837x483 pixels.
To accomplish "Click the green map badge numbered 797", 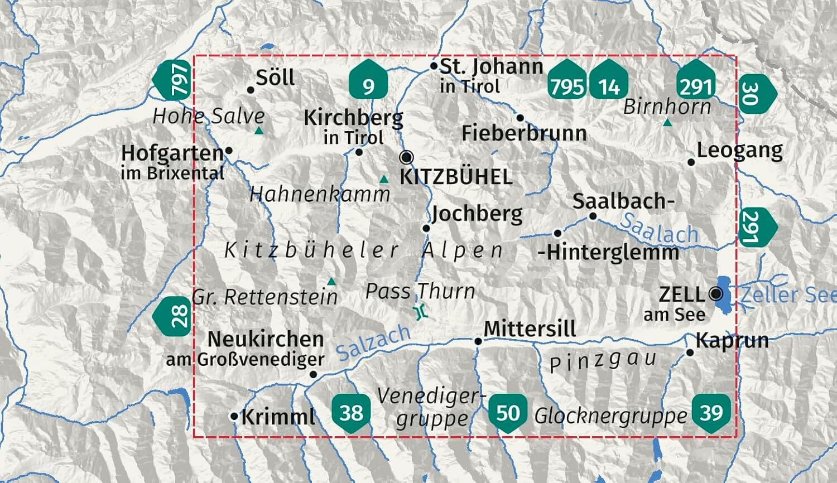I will click(x=175, y=81).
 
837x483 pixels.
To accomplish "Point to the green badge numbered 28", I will click(x=174, y=316).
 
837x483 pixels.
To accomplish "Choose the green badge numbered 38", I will click(x=352, y=412).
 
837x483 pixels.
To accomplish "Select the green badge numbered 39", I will click(x=711, y=412).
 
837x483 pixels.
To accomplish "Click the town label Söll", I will click(x=275, y=78).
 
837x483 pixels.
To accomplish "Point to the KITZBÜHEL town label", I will click(x=456, y=177).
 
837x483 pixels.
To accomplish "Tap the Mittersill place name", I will click(x=530, y=329).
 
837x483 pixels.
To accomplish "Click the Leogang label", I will click(x=739, y=151).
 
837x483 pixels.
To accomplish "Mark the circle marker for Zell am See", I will click(x=716, y=293).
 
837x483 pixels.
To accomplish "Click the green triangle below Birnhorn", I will click(x=667, y=122).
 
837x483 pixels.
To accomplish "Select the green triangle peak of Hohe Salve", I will click(x=259, y=131).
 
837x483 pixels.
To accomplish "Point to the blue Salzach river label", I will click(x=373, y=342).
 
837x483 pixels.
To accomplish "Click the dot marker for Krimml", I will click(x=234, y=416).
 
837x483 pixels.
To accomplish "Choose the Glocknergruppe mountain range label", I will click(x=610, y=416).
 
